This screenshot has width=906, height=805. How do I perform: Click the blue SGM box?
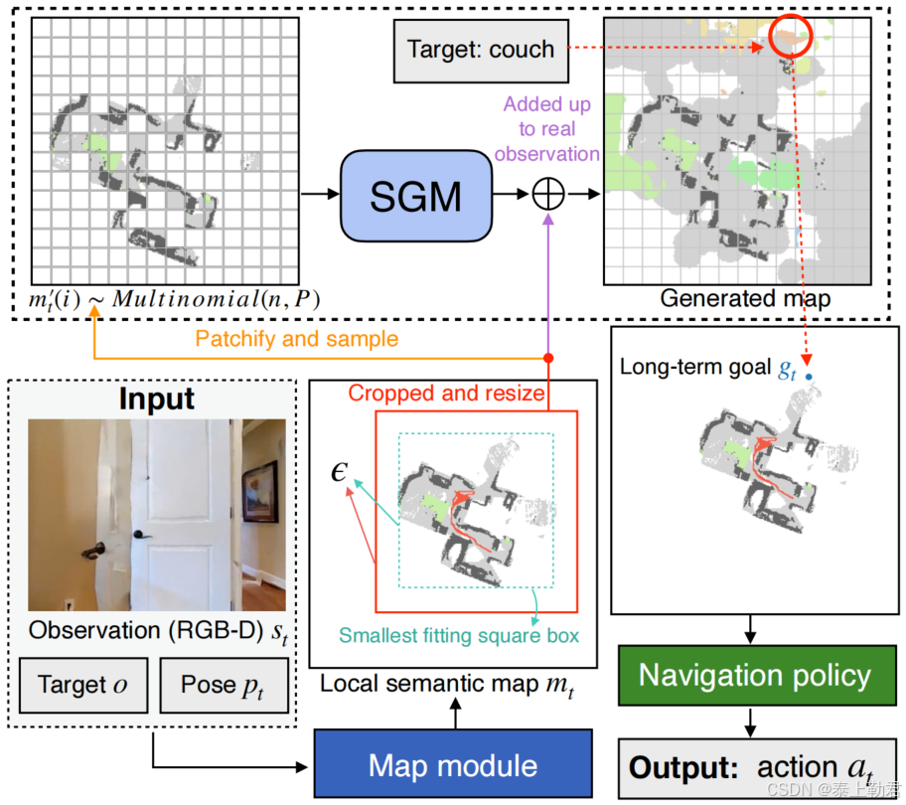(416, 196)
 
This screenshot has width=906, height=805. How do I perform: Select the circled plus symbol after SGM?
(547, 195)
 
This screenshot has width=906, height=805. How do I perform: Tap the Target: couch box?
(481, 50)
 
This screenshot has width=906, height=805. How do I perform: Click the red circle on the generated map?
(790, 37)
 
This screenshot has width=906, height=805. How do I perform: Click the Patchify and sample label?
(296, 339)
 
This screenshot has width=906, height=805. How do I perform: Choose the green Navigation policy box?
(754, 677)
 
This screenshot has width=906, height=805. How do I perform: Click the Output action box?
(754, 767)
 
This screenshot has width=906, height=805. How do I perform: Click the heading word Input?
(155, 399)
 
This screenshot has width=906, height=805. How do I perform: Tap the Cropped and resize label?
(446, 394)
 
